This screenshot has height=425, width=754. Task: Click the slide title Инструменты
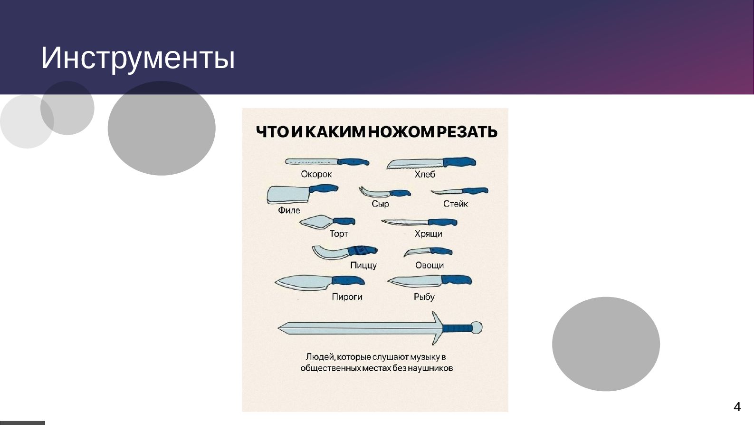[138, 58]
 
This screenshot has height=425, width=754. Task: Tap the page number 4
[737, 407]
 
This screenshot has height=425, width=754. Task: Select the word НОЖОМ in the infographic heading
[401, 132]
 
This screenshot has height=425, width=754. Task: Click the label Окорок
[316, 174]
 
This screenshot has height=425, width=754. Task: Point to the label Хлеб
[424, 174]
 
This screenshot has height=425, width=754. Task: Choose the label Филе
[289, 210]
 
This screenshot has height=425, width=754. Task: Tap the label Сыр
[380, 204]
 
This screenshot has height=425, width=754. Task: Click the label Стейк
[456, 204]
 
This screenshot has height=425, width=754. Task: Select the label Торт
[339, 234]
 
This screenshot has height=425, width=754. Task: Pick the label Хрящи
[428, 234]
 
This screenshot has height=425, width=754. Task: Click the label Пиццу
[363, 265]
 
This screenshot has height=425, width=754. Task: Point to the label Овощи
[429, 265]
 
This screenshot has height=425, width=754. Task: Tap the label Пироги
[347, 297]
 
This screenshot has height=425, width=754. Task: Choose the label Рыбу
[424, 297]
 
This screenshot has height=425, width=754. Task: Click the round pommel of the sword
[477, 327]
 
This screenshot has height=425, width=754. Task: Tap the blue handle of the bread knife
[458, 162]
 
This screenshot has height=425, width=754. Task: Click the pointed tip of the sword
[280, 327]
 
